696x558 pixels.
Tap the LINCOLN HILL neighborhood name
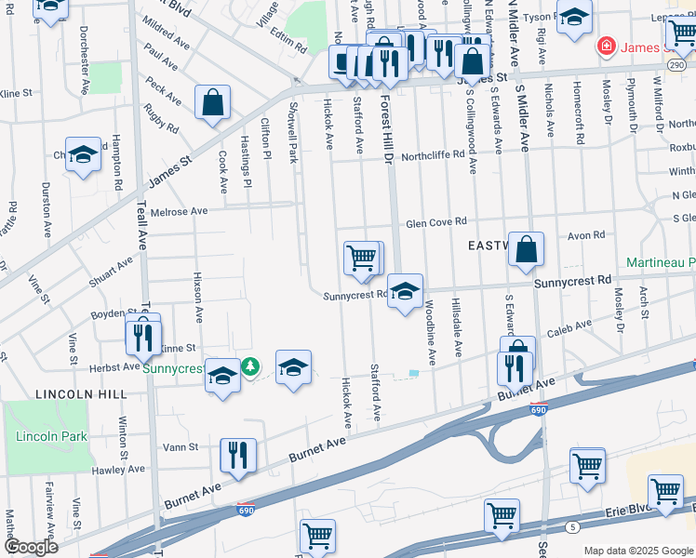point(81,394)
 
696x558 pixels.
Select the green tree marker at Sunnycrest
point(249,367)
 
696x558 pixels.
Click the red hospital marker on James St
point(606,46)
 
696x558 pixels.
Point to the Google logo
point(31,546)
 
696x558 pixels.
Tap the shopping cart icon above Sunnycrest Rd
point(361,258)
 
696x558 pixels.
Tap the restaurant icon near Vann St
point(238,455)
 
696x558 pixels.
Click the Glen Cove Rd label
point(435,222)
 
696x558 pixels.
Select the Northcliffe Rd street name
point(433,155)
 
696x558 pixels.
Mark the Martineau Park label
point(661,263)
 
